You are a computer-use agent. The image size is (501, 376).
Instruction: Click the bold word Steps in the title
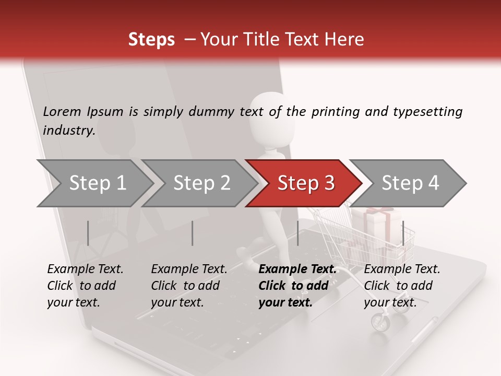click(x=151, y=40)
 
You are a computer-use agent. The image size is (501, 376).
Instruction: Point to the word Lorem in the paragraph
click(x=62, y=111)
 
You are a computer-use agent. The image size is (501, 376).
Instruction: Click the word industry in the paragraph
click(x=68, y=131)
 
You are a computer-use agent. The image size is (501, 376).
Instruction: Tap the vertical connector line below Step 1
click(x=88, y=233)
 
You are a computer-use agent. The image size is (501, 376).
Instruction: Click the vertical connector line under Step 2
click(x=193, y=233)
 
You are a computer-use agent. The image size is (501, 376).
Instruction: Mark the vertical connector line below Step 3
click(x=297, y=233)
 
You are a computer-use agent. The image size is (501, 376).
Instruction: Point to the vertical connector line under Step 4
click(x=403, y=233)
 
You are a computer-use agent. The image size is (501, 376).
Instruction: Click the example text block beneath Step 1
click(x=85, y=286)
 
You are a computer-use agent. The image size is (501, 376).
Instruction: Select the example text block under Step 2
click(x=189, y=286)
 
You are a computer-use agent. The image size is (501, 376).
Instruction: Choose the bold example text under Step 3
click(x=297, y=286)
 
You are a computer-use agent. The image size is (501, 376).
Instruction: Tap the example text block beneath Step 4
click(x=402, y=286)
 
